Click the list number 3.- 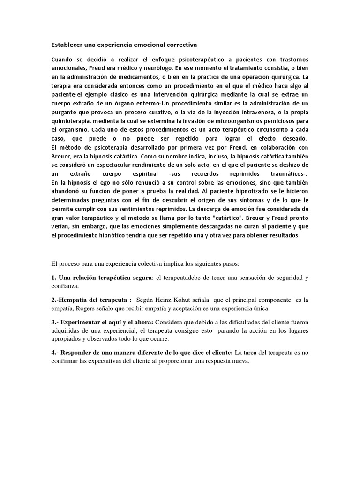[x=55, y=322]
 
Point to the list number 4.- [x=55, y=352]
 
